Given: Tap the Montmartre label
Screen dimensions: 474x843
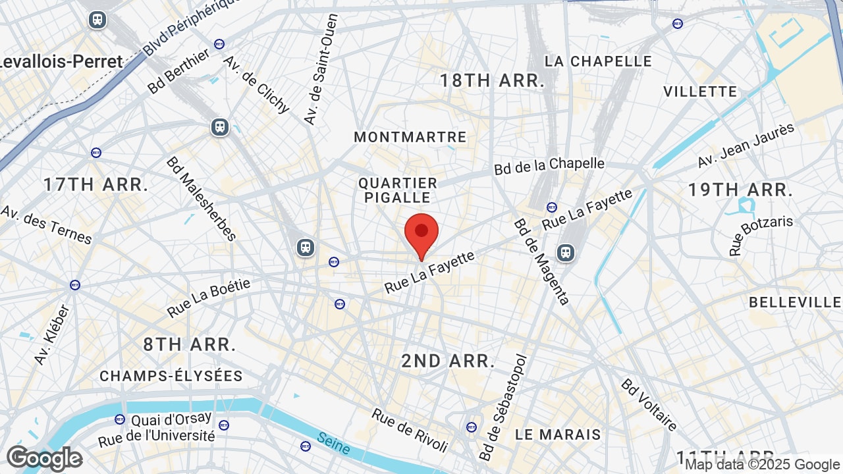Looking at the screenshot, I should [410, 137].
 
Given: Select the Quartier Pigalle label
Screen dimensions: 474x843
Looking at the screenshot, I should [398, 190].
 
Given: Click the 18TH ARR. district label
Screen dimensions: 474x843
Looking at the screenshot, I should [493, 81].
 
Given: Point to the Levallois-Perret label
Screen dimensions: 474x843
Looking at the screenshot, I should [61, 62].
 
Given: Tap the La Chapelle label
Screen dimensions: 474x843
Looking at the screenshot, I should [599, 61].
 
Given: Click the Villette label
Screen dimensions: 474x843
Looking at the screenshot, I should [700, 92].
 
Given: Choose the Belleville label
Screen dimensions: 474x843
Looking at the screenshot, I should [796, 302].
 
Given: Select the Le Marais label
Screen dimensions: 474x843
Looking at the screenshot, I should [558, 434].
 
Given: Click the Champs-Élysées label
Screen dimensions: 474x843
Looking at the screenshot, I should [171, 376].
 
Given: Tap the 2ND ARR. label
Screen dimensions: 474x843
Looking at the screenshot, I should [449, 361].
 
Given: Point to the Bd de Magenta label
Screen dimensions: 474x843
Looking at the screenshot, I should [541, 261].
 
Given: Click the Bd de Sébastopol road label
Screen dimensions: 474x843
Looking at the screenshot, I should [504, 408].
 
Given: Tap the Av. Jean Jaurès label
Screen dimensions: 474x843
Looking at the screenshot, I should [746, 145].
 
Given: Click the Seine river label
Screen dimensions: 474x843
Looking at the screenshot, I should [333, 443].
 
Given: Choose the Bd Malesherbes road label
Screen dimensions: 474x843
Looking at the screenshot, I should [201, 199].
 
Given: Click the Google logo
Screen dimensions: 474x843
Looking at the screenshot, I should [44, 458].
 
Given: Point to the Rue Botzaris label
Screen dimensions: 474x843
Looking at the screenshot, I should [760, 235].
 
